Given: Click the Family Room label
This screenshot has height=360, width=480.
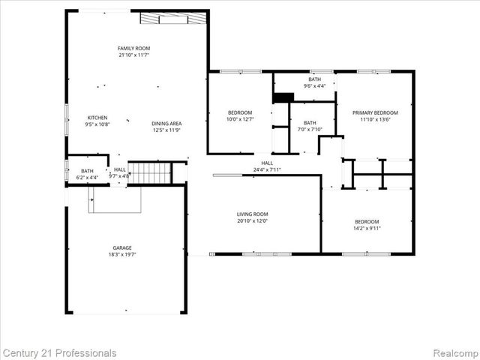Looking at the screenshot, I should (133, 48).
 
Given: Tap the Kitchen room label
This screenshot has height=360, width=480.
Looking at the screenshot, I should (97, 118).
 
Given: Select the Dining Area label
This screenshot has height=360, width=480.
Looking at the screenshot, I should (166, 124).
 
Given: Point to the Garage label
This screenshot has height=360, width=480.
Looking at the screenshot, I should (122, 247).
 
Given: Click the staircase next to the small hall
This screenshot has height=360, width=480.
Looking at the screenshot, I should (151, 173).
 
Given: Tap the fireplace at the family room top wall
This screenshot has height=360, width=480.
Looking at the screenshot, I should (173, 19).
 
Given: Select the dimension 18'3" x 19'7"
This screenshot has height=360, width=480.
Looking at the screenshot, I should (122, 255).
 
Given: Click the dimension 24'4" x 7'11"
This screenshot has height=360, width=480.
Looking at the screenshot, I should (267, 169).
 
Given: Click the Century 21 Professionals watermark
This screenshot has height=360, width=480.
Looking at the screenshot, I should (59, 352).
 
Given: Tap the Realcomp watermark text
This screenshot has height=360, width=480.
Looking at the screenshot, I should (451, 352).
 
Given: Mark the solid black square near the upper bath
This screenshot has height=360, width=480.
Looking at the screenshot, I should (283, 97).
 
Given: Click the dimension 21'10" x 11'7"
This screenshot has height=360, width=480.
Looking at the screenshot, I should (133, 55).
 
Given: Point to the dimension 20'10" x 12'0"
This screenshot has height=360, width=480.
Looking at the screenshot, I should (253, 220).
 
